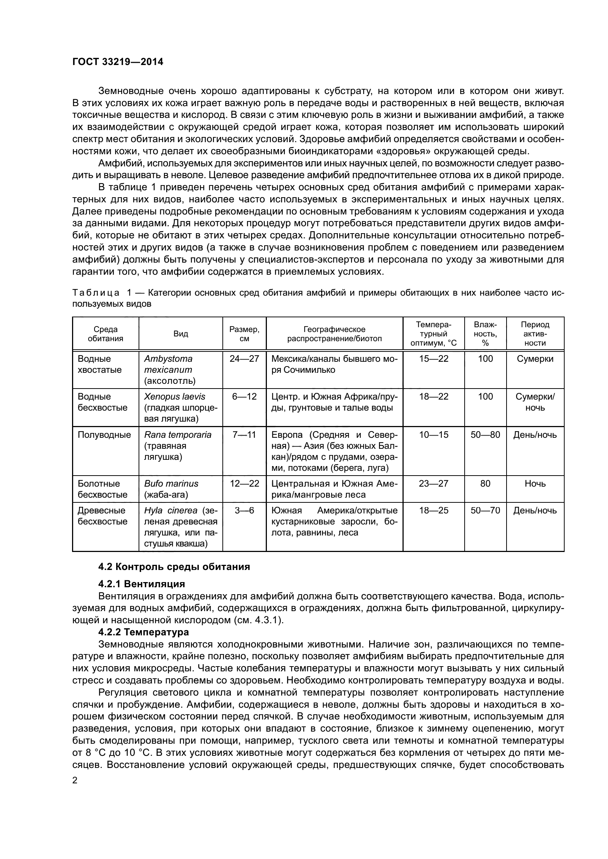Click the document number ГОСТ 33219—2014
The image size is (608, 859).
point(118,62)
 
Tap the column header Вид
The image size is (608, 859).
point(180,334)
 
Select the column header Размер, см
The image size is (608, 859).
point(244,334)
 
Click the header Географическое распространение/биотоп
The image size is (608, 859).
point(334,334)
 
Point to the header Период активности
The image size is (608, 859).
point(535,334)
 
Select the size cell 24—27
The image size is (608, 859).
point(244,359)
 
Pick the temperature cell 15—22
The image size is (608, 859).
point(433,359)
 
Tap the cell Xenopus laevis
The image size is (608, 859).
point(175,397)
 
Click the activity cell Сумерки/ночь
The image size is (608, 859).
point(535,402)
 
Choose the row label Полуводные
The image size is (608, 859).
point(104,435)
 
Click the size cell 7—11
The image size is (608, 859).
point(244,435)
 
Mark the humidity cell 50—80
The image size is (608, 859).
point(485,435)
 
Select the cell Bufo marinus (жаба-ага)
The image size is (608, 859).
point(171,489)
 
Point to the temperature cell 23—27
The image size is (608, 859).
point(433,483)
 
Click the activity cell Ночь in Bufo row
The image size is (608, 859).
point(535,483)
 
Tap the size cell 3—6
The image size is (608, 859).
point(244,510)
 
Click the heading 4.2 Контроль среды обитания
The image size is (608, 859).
point(174,567)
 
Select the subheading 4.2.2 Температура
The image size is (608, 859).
point(143,632)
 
